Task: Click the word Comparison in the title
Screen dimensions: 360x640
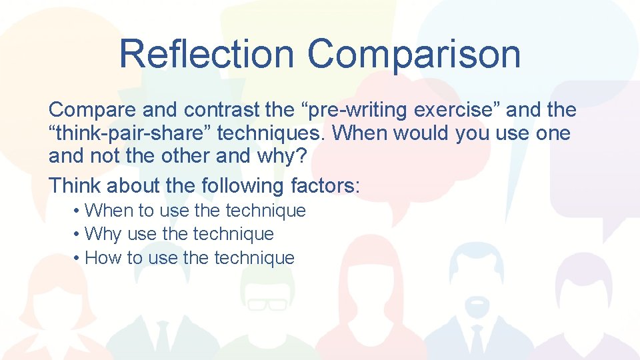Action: [414, 53]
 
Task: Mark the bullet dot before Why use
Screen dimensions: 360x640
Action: [78, 235]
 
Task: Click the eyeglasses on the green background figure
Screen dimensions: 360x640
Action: [267, 304]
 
